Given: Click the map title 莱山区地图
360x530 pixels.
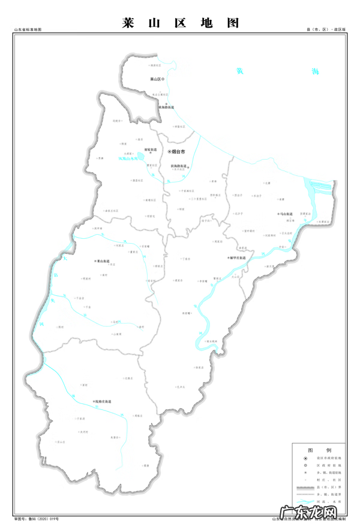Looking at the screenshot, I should [x=180, y=23].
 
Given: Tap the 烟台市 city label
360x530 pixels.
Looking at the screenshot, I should [x=177, y=152].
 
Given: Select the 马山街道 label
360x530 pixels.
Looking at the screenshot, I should [x=286, y=214].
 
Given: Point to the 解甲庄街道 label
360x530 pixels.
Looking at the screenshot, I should [x=238, y=257].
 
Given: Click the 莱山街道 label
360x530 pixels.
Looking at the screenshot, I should [x=102, y=262].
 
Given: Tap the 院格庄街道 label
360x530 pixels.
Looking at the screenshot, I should [x=103, y=401].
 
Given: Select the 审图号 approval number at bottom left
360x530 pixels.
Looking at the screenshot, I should [x=36, y=518].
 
